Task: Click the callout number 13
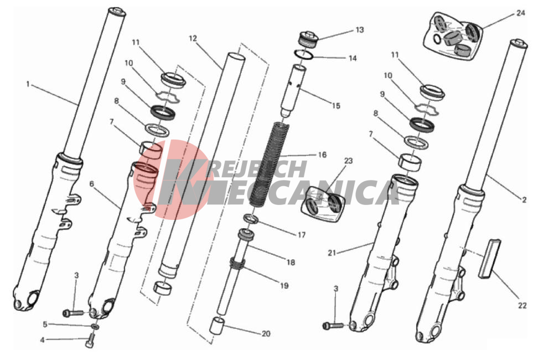pyautogui.click(x=360, y=30)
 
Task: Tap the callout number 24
pyautogui.click(x=520, y=13)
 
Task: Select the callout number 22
pyautogui.click(x=522, y=305)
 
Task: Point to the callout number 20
pyautogui.click(x=266, y=334)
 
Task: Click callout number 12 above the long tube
pyautogui.click(x=193, y=38)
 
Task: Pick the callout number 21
pyautogui.click(x=332, y=253)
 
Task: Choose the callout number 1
pyautogui.click(x=28, y=84)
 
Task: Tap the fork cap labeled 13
pyautogui.click(x=308, y=40)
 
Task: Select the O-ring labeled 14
pyautogui.click(x=303, y=54)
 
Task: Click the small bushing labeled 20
pyautogui.click(x=217, y=326)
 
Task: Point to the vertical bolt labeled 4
pyautogui.click(x=90, y=341)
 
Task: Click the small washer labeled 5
pyautogui.click(x=96, y=327)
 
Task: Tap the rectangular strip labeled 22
pyautogui.click(x=490, y=259)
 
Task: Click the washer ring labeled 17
pyautogui.click(x=251, y=219)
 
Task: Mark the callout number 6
pyautogui.click(x=91, y=184)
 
